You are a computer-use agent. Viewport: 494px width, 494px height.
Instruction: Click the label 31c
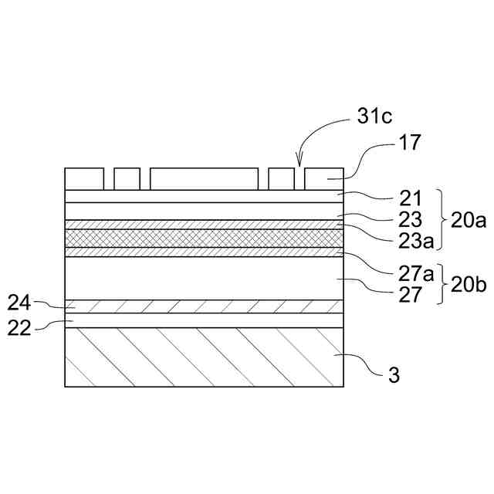(375, 117)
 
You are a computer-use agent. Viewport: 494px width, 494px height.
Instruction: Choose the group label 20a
(469, 222)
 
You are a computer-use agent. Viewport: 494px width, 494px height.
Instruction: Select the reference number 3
(393, 376)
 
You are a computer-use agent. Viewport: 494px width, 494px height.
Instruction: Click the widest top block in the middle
(204, 178)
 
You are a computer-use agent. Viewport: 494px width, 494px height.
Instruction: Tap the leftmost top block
(84, 178)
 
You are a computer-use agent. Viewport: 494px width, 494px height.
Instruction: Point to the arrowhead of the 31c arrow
(300, 165)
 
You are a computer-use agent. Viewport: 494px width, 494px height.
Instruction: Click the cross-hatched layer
(204, 238)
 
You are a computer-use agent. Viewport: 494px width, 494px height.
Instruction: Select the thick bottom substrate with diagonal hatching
(204, 357)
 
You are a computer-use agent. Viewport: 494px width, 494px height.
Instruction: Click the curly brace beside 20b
(443, 285)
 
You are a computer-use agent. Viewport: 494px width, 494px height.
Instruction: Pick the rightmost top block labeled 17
(323, 178)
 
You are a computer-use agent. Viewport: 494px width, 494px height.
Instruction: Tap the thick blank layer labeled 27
(204, 278)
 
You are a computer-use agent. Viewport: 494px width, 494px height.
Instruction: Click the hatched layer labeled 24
(204, 306)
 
